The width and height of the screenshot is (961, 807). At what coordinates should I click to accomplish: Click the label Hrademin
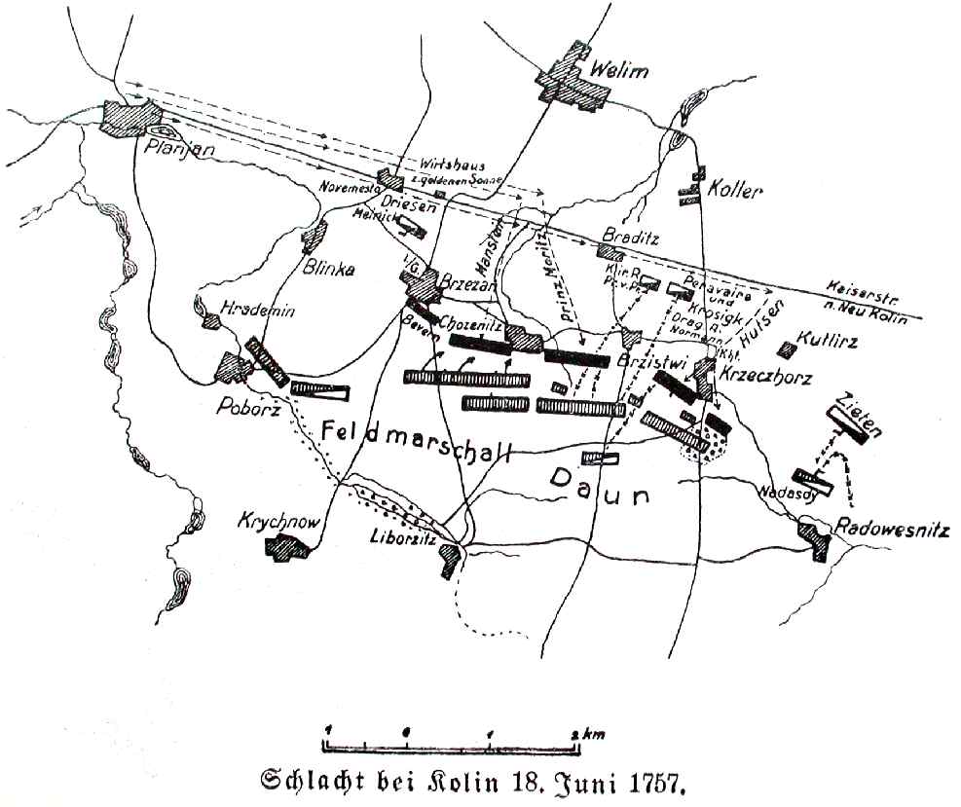[x=256, y=310]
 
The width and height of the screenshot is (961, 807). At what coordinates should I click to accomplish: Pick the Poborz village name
[x=249, y=409]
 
